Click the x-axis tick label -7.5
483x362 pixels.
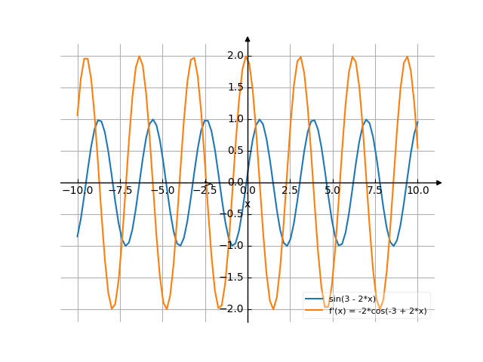(x=120, y=191)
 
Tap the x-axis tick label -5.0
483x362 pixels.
(x=162, y=191)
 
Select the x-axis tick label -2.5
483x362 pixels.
(x=205, y=191)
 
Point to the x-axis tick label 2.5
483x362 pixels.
(x=290, y=191)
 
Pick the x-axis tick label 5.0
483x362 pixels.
(x=332, y=191)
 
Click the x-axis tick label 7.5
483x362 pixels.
(x=375, y=191)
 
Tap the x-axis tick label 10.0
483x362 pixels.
(x=417, y=191)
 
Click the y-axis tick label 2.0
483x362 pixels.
(x=234, y=56)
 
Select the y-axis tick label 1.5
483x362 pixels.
(x=234, y=87)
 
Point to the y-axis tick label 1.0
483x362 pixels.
(x=234, y=119)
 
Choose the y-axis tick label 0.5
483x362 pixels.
(x=234, y=151)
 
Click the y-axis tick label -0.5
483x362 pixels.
(x=232, y=214)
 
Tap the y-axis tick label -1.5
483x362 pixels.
(x=232, y=278)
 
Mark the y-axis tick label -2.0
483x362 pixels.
(x=232, y=309)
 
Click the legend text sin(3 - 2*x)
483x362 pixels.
(x=352, y=299)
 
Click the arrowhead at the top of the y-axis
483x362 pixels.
(x=248, y=38)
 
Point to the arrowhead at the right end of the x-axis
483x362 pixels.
(x=439, y=183)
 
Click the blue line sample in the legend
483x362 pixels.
(x=315, y=299)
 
